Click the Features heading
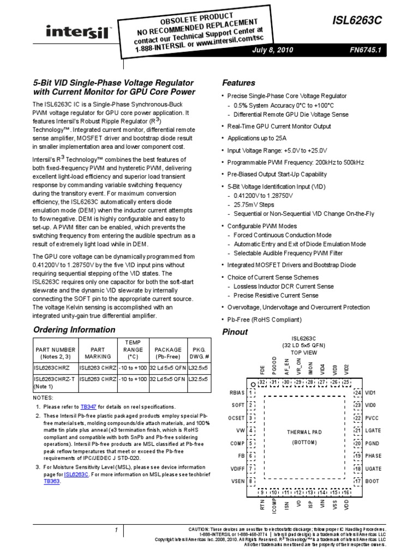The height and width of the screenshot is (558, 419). tap(239, 83)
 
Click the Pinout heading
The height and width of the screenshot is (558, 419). tap(235, 332)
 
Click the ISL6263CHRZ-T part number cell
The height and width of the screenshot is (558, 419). tap(56, 379)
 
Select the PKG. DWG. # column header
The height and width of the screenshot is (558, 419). tap(197, 353)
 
